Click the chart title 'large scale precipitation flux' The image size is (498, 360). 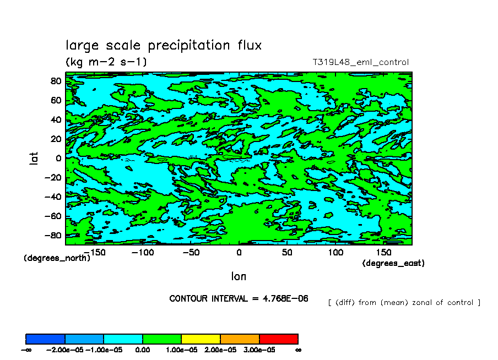pyautogui.click(x=164, y=45)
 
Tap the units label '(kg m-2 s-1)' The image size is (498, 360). pyautogui.click(x=106, y=62)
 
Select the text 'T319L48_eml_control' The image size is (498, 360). pyautogui.click(x=360, y=62)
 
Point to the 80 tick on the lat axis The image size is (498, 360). pyautogui.click(x=56, y=80)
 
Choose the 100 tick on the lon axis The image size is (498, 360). pyautogui.click(x=335, y=252)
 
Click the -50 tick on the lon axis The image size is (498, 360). pyautogui.click(x=191, y=252)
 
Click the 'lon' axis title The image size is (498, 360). pyautogui.click(x=239, y=275)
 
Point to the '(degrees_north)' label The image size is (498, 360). pyautogui.click(x=57, y=258)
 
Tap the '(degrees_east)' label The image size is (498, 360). pyautogui.click(x=393, y=264)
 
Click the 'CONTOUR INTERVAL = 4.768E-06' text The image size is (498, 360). pyautogui.click(x=239, y=299)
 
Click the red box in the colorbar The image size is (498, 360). pyautogui.click(x=278, y=339)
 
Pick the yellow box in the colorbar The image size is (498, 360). pyautogui.click(x=201, y=339)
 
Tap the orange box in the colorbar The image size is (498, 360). pyautogui.click(x=240, y=339)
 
